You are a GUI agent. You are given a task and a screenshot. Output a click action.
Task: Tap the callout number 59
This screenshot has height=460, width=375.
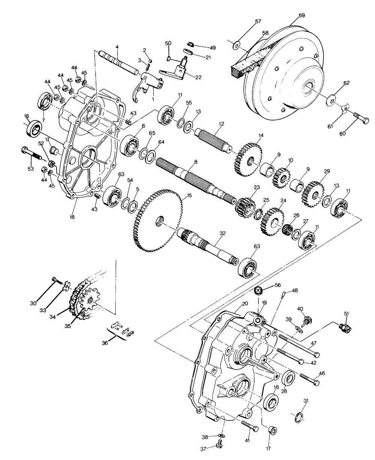(301, 16)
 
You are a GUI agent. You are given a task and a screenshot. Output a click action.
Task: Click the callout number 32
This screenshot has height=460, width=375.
(222, 233)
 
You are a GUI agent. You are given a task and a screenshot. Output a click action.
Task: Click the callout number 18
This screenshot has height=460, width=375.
(72, 217)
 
